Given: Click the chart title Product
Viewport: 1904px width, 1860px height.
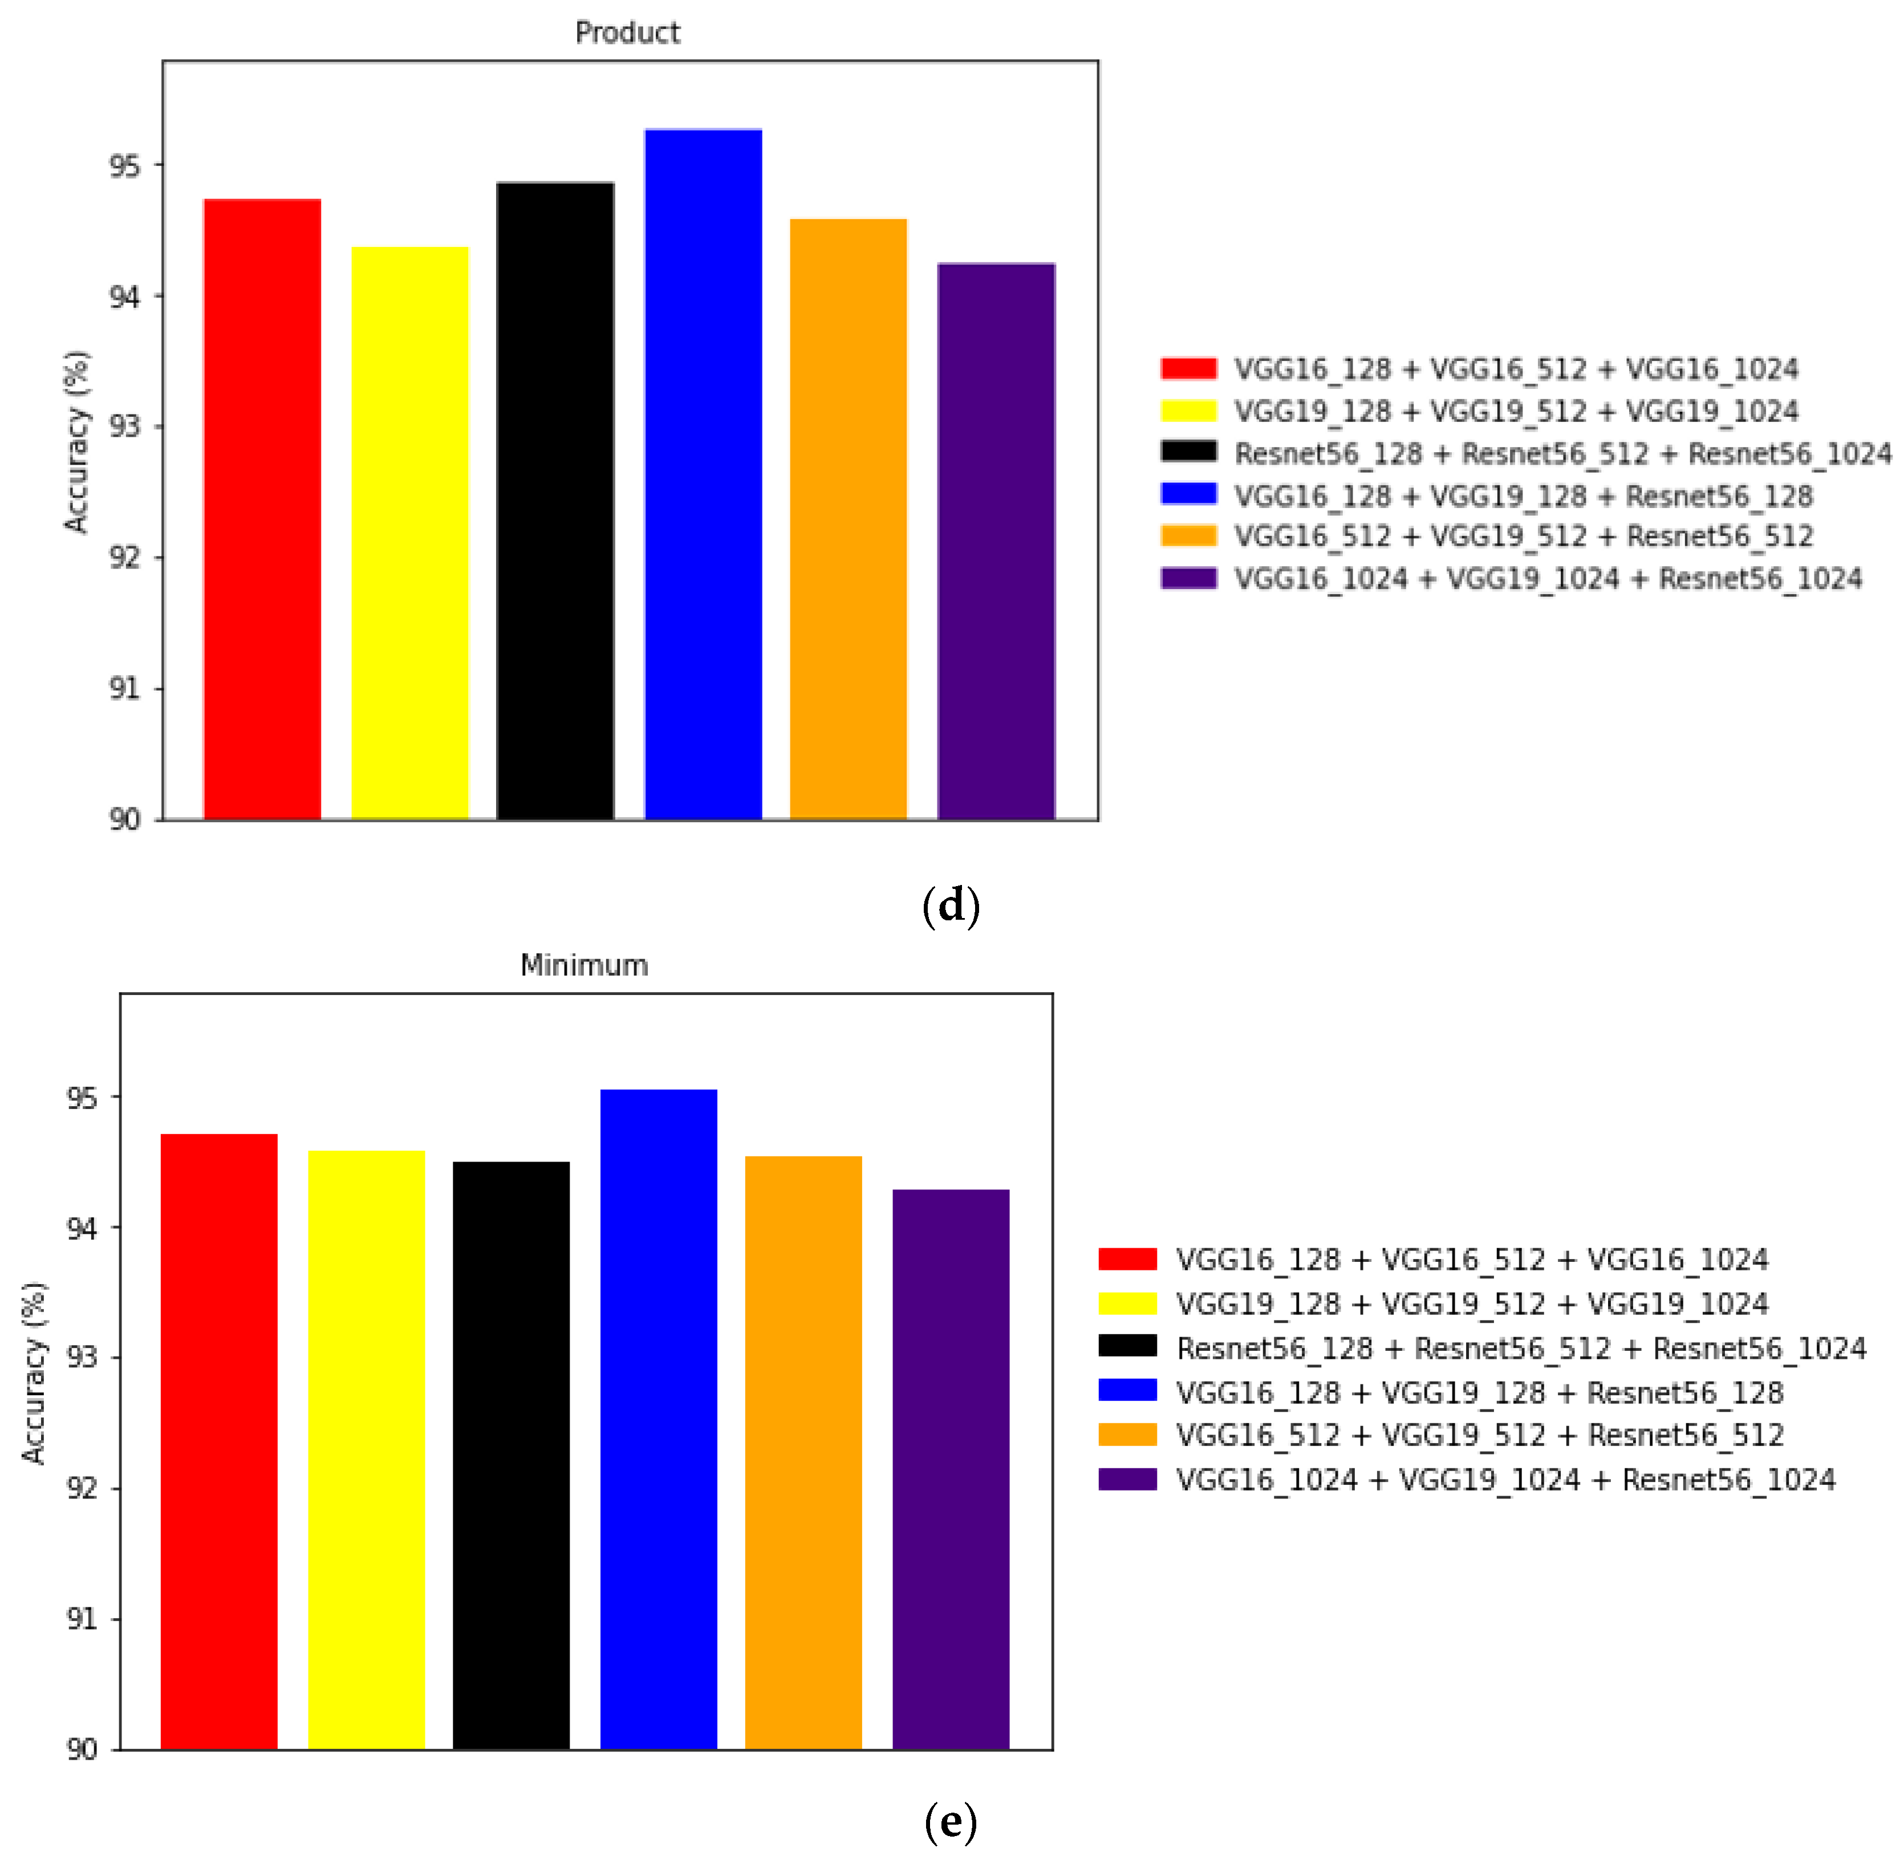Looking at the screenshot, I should point(627,33).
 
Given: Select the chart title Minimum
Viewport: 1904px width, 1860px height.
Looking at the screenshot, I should point(583,965).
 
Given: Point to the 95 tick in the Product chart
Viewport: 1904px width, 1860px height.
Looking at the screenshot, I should point(124,166).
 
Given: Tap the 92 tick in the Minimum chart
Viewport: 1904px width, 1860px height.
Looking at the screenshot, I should point(82,1489).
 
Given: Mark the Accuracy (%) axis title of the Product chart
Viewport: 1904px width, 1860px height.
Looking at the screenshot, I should point(76,441).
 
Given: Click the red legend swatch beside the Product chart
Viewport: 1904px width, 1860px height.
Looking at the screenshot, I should point(1188,368).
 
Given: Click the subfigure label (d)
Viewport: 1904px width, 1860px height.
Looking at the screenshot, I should point(951,905).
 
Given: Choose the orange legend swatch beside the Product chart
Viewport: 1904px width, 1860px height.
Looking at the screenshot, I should point(1188,535).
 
